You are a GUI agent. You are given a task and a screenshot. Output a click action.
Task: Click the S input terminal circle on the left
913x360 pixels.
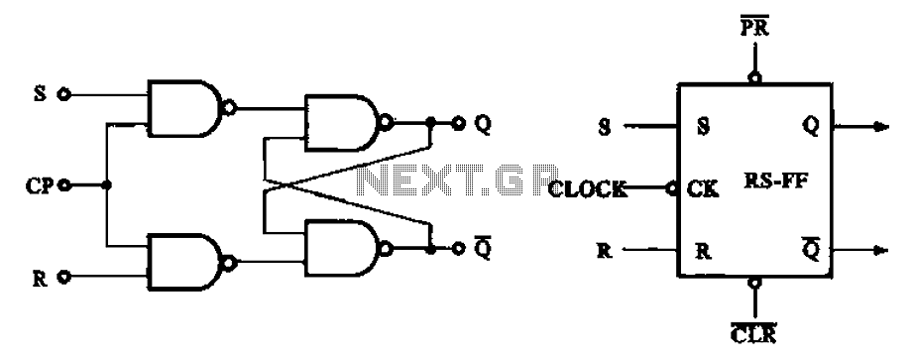tap(64, 94)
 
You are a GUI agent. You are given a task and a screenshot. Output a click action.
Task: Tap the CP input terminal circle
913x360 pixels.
tap(64, 185)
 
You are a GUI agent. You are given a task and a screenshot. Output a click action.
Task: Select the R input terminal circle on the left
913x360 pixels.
tap(64, 277)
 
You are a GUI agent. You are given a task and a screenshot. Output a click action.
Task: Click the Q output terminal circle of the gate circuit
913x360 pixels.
tap(459, 124)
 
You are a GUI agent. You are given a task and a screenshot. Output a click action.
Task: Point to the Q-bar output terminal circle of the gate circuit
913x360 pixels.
tap(459, 249)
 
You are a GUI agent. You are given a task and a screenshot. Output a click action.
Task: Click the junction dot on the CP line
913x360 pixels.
tap(106, 185)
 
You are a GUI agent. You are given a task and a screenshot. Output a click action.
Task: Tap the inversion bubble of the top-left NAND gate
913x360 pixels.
tap(230, 108)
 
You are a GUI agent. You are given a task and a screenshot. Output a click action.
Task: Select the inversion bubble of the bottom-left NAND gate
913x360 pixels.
tap(230, 264)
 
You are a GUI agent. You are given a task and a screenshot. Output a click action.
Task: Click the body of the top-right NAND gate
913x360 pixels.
tap(341, 123)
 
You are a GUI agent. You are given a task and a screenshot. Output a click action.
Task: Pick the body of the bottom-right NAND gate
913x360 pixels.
tap(341, 249)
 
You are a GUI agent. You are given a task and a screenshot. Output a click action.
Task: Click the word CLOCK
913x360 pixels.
tap(588, 188)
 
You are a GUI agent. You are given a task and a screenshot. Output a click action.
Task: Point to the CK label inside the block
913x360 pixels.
tap(703, 188)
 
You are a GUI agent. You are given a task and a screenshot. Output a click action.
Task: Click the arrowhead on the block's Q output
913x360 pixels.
tap(881, 126)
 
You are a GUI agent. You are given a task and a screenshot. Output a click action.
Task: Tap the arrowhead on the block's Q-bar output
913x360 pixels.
tap(881, 251)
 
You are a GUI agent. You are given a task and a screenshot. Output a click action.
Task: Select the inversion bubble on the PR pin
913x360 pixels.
tap(754, 77)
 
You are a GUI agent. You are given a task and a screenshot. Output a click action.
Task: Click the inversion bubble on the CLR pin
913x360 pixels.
tap(754, 283)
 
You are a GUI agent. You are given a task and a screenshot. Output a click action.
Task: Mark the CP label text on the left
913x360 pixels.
tap(40, 185)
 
